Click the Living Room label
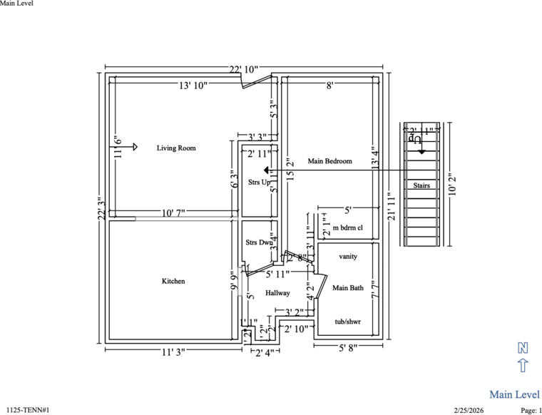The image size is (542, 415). pos(176,148)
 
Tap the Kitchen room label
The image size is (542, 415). pos(173,282)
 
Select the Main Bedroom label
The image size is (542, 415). pos(329,161)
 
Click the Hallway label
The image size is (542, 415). pos(277,293)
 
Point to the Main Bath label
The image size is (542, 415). pos(348,288)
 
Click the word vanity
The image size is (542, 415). pos(348,256)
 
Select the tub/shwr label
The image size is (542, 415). pos(348,322)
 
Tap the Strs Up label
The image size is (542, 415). pos(259,182)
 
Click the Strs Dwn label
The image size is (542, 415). pos(259,242)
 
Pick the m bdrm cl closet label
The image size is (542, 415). pos(348,227)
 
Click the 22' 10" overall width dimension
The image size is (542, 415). pos(243,69)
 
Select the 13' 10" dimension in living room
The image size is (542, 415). pos(193,86)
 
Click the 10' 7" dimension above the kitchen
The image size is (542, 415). pos(173,213)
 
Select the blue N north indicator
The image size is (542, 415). pos(523,348)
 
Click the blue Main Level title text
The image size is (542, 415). pos(514,394)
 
